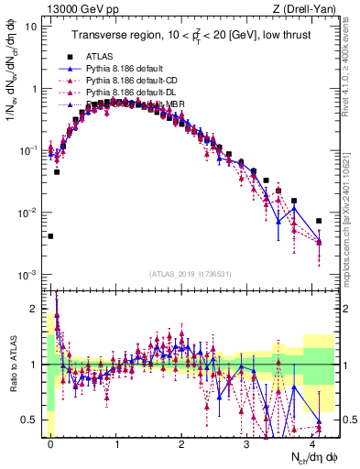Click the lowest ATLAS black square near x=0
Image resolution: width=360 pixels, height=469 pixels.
[50, 236]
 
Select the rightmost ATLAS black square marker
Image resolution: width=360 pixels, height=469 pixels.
[319, 221]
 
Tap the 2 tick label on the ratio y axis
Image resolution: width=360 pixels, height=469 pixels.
[35, 309]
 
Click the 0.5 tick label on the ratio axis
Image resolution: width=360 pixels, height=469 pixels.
[31, 420]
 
